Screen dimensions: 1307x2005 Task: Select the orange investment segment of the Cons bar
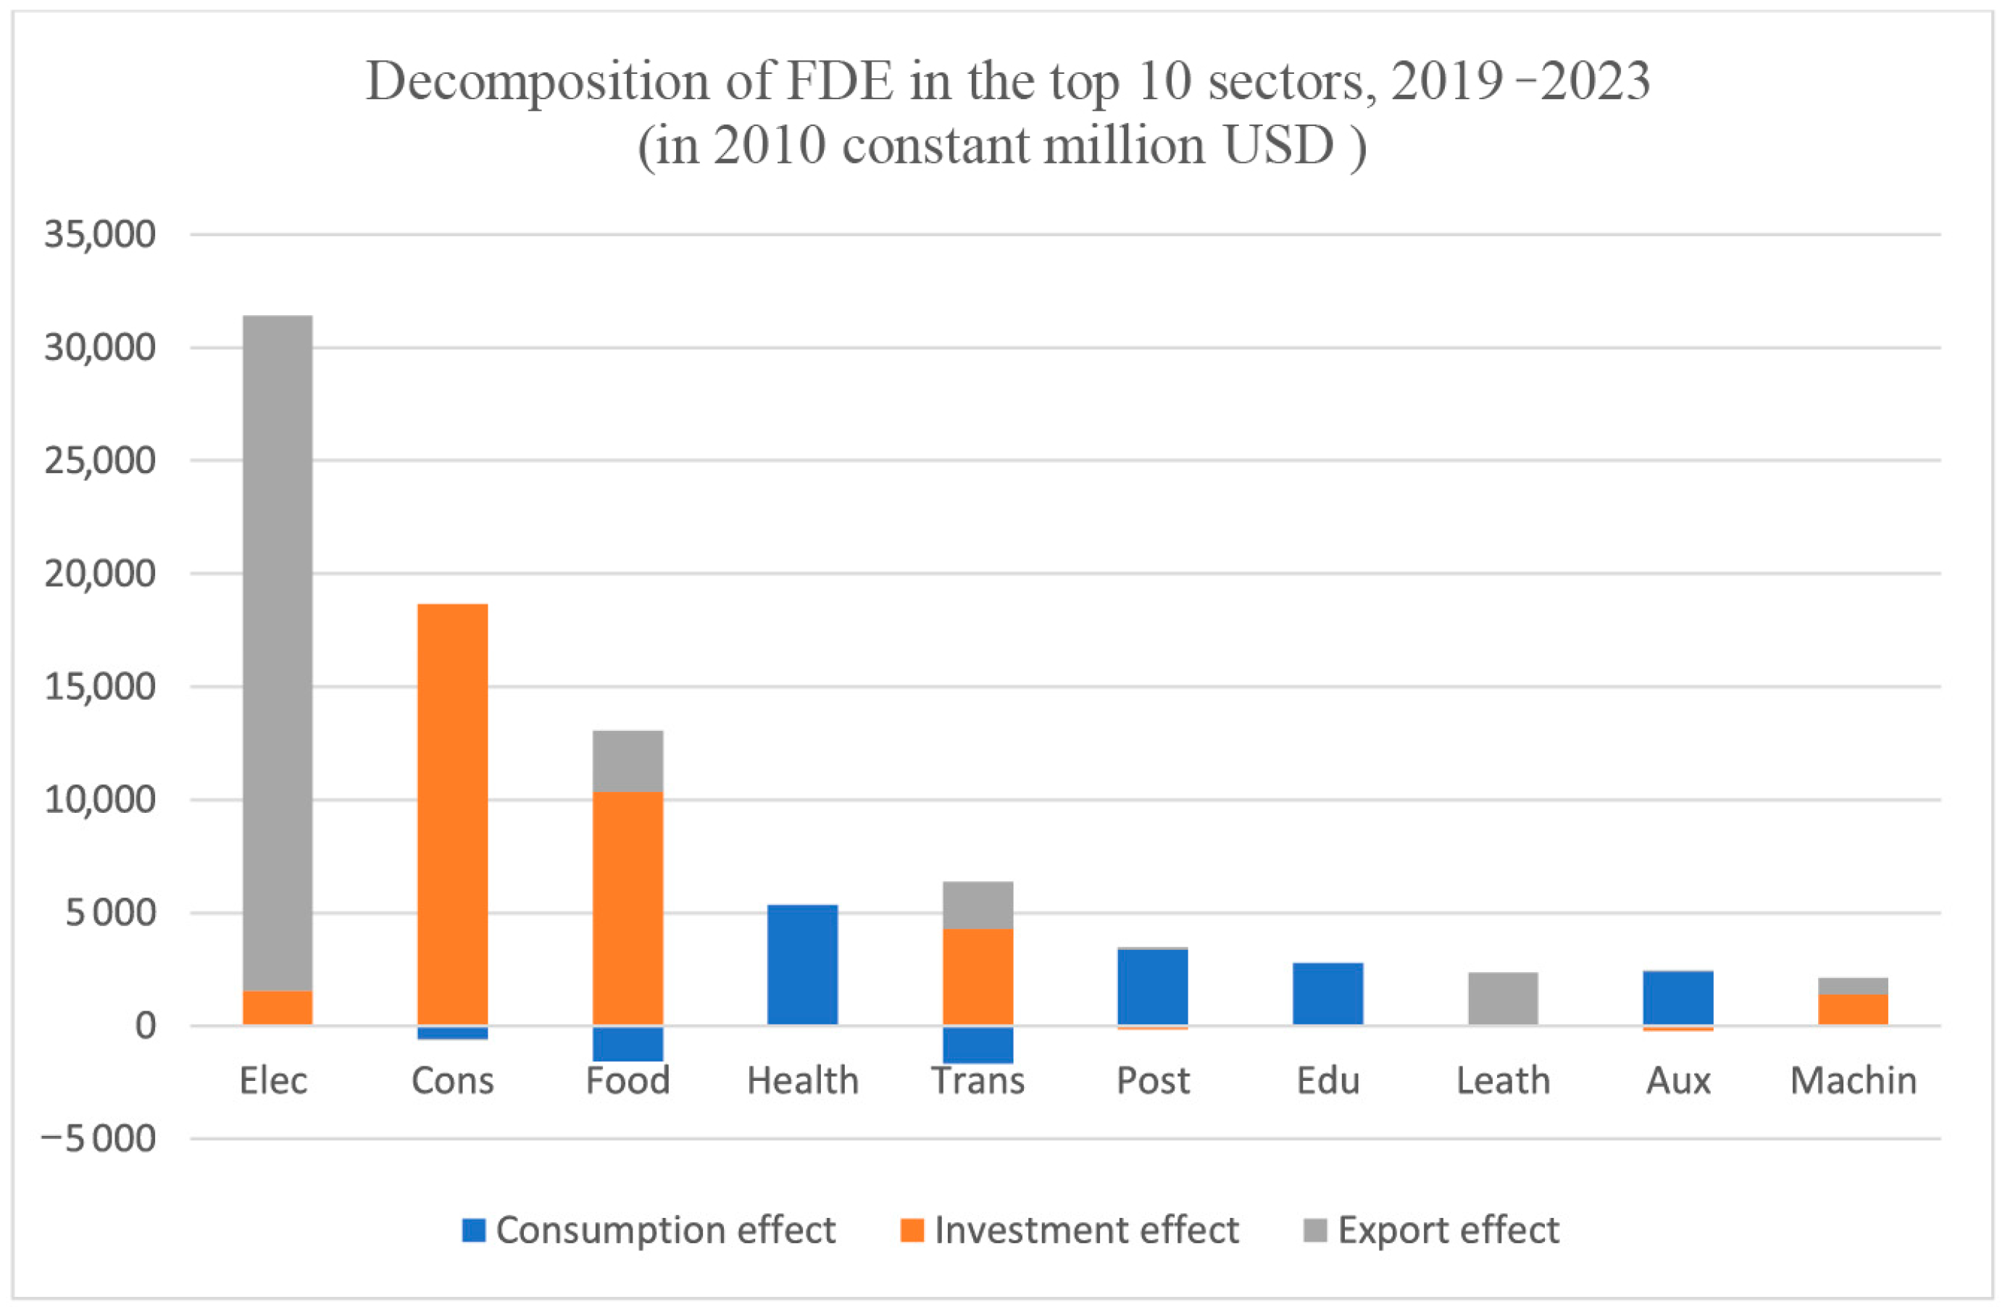point(452,814)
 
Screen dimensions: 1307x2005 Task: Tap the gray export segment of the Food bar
point(628,761)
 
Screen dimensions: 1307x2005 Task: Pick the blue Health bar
point(802,965)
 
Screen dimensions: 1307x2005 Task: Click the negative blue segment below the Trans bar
point(978,1044)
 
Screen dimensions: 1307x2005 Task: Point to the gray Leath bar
point(1503,999)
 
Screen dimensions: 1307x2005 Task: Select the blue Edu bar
point(1327,994)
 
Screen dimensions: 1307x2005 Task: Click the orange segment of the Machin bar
point(1853,1009)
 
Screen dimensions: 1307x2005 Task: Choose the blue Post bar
point(1152,986)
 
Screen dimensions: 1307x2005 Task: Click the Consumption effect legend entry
point(649,1230)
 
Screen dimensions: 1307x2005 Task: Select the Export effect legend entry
point(1431,1230)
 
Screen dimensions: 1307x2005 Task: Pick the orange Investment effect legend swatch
point(912,1230)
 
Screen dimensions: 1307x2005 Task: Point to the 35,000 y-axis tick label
point(99,234)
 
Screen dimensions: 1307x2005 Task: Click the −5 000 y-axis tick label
point(98,1139)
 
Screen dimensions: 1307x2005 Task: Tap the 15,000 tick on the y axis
point(99,686)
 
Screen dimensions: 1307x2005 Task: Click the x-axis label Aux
point(1678,1080)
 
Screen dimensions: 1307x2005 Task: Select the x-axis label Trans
point(978,1080)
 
